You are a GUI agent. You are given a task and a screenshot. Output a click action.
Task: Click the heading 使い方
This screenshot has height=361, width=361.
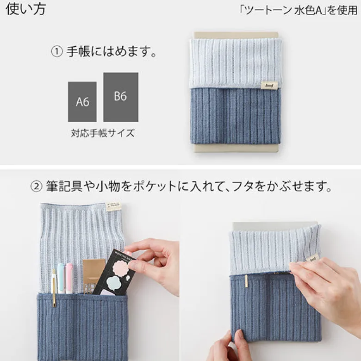26,9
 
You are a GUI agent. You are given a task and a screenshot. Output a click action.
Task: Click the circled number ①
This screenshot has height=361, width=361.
56,51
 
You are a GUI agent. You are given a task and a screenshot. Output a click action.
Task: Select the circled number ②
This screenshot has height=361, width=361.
37,187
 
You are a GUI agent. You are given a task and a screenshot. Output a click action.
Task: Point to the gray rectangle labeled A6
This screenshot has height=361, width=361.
82,102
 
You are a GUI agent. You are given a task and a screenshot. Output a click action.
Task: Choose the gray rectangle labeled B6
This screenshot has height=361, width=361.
121,97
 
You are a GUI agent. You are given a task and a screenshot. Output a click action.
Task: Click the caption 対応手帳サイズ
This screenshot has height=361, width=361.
103,133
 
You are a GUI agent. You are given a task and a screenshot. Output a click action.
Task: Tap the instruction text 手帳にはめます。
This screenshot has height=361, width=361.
112,51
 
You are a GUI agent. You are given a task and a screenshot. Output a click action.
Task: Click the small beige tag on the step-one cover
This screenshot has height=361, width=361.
268,86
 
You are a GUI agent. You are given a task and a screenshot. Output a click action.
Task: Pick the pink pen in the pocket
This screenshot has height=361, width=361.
69,278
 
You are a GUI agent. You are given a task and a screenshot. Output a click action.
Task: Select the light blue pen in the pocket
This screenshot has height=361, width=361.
61,278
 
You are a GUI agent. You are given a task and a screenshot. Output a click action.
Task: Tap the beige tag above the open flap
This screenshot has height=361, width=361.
113,206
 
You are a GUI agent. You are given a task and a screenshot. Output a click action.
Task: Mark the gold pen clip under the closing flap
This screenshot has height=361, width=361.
246,281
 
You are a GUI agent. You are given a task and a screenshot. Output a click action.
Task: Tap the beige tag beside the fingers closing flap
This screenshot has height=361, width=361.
313,258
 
